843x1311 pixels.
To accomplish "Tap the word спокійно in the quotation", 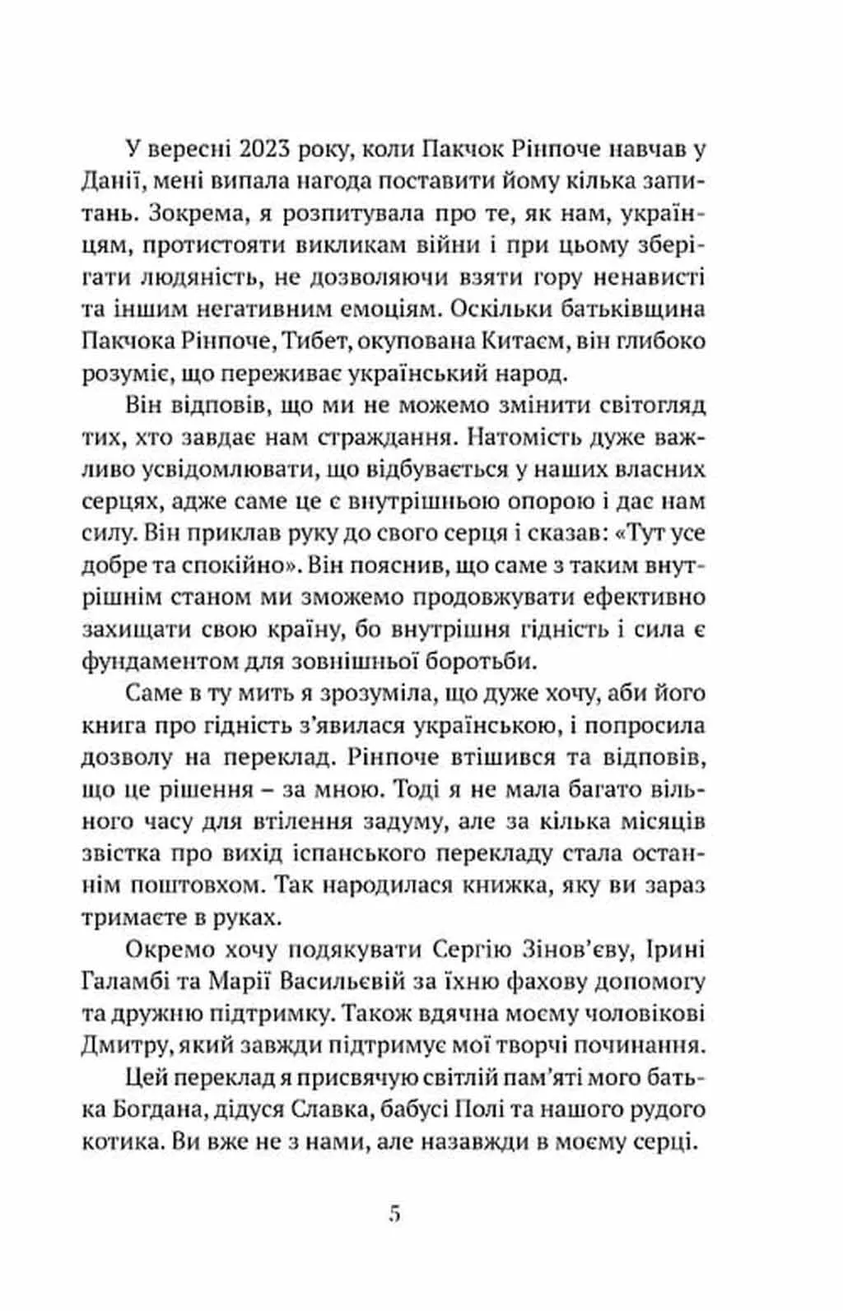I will point(239,566).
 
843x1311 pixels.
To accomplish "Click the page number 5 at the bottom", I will point(395,1214).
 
